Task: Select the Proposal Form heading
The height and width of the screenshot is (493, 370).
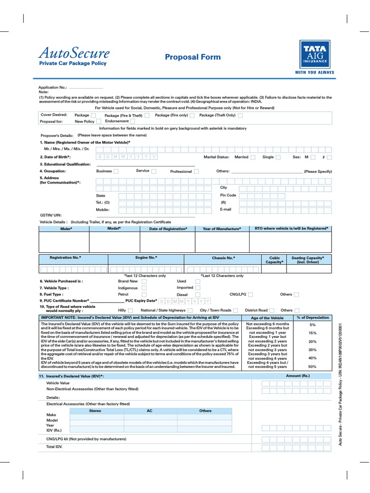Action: coord(193,57)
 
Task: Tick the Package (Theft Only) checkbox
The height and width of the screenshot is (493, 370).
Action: coord(240,116)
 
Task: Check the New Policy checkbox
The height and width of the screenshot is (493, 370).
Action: coord(99,122)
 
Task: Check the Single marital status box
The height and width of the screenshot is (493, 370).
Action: coord(278,157)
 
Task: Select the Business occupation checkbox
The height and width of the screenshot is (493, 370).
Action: coord(116,171)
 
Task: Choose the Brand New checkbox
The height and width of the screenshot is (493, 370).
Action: coord(144,281)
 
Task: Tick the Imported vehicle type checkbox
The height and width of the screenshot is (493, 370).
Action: coord(198,288)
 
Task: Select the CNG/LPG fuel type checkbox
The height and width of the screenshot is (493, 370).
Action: coord(251,294)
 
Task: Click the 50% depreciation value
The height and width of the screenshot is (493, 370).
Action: coord(313,367)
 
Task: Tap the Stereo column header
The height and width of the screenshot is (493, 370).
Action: coord(95,411)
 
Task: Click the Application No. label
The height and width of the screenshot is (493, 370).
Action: coord(53,88)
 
